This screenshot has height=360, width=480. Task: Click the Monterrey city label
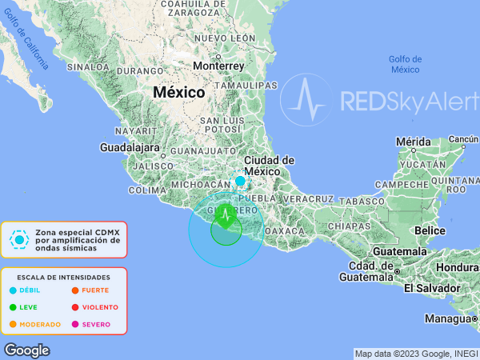pyautogui.click(x=218, y=66)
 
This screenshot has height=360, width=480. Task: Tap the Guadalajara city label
pyautogui.click(x=130, y=147)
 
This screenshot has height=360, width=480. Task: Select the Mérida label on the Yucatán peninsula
pyautogui.click(x=413, y=142)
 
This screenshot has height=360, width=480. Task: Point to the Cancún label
pyautogui.click(x=462, y=139)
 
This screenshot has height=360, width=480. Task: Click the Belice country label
pyautogui.click(x=430, y=230)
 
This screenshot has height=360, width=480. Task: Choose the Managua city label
pyautogui.click(x=446, y=318)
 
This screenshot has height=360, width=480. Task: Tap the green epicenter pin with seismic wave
pyautogui.click(x=226, y=215)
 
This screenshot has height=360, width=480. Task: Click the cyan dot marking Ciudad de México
pyautogui.click(x=240, y=181)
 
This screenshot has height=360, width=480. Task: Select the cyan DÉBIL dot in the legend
pyautogui.click(x=13, y=290)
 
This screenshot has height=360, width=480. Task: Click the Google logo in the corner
pyautogui.click(x=26, y=350)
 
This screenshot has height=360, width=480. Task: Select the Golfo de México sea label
pyautogui.click(x=406, y=64)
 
